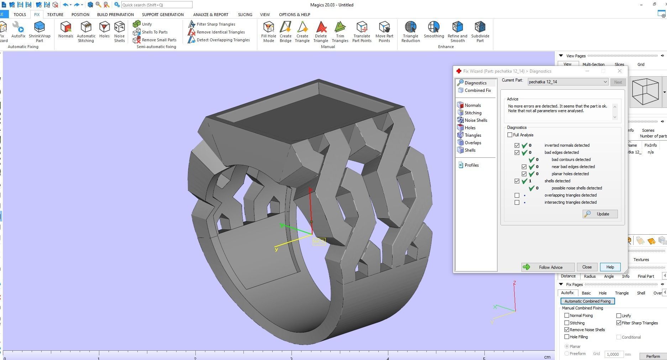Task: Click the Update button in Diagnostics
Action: coord(600,214)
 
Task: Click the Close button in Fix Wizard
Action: coord(587,267)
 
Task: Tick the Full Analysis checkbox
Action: coord(510,135)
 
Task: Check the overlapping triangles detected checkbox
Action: coord(517,195)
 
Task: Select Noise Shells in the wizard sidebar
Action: coord(476,120)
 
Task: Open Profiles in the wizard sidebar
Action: coord(471,165)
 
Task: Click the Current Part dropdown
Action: coord(568,82)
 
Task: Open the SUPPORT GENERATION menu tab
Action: coord(163,15)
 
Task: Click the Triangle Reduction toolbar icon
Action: coord(410,31)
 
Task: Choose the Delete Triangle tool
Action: coord(321,31)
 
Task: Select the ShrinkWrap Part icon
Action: coord(40,31)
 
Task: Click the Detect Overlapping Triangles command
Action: coord(223,40)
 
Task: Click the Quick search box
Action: coord(157,5)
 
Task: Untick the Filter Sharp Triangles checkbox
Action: coord(619,323)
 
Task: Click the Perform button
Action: coord(653,356)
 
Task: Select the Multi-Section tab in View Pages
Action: coord(593,64)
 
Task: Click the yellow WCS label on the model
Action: coord(319,241)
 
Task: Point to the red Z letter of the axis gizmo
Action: coord(515,283)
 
